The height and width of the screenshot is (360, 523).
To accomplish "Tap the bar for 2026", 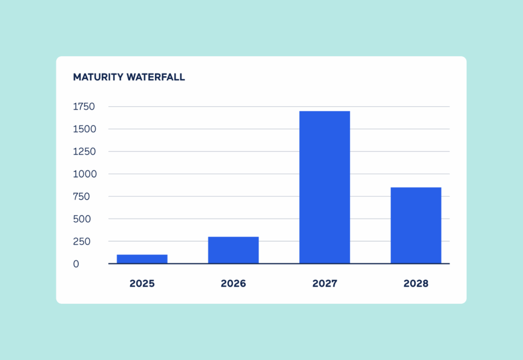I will coord(233,250).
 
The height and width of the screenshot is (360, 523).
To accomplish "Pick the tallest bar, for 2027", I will coord(324,187).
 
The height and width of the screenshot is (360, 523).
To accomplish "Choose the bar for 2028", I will coord(416,225).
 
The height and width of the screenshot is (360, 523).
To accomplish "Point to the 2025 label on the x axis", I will coord(142,283).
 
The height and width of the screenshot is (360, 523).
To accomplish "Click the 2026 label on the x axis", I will coord(233,283).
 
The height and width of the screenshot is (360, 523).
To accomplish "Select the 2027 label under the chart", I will coord(324,283).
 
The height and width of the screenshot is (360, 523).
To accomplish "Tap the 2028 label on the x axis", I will coord(416,283).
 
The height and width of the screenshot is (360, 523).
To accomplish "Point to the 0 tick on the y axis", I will coord(76,264).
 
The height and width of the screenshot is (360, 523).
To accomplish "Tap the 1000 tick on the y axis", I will coord(84,174).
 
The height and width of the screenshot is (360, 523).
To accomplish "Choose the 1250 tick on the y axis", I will coord(84,152).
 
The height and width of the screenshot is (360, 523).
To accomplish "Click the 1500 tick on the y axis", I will coord(84,129).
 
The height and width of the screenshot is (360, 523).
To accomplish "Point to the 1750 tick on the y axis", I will coord(84,107).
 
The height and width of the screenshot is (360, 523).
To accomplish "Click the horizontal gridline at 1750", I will coord(230,107).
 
